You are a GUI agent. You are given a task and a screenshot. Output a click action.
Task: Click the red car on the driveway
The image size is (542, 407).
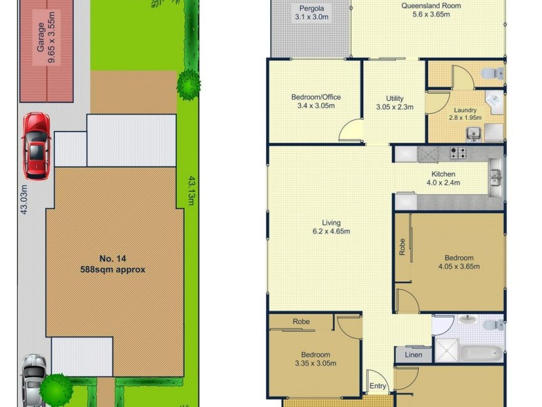(36, 145)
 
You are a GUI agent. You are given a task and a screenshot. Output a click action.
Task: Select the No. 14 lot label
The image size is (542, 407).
(112, 263)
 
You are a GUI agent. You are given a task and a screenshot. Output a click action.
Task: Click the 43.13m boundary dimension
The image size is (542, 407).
(191, 192)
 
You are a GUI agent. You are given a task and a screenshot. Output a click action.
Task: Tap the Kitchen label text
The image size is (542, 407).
(442, 178)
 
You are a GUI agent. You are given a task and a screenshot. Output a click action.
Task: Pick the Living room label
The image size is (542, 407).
(331, 227)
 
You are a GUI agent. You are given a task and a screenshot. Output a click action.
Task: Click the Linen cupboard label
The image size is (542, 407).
(413, 355)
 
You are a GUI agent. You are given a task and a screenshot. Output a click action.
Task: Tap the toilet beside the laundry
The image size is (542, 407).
(491, 73)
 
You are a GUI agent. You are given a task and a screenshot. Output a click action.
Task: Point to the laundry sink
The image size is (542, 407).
(473, 132)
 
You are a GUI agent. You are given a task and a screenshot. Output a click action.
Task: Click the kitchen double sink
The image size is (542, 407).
(496, 178)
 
